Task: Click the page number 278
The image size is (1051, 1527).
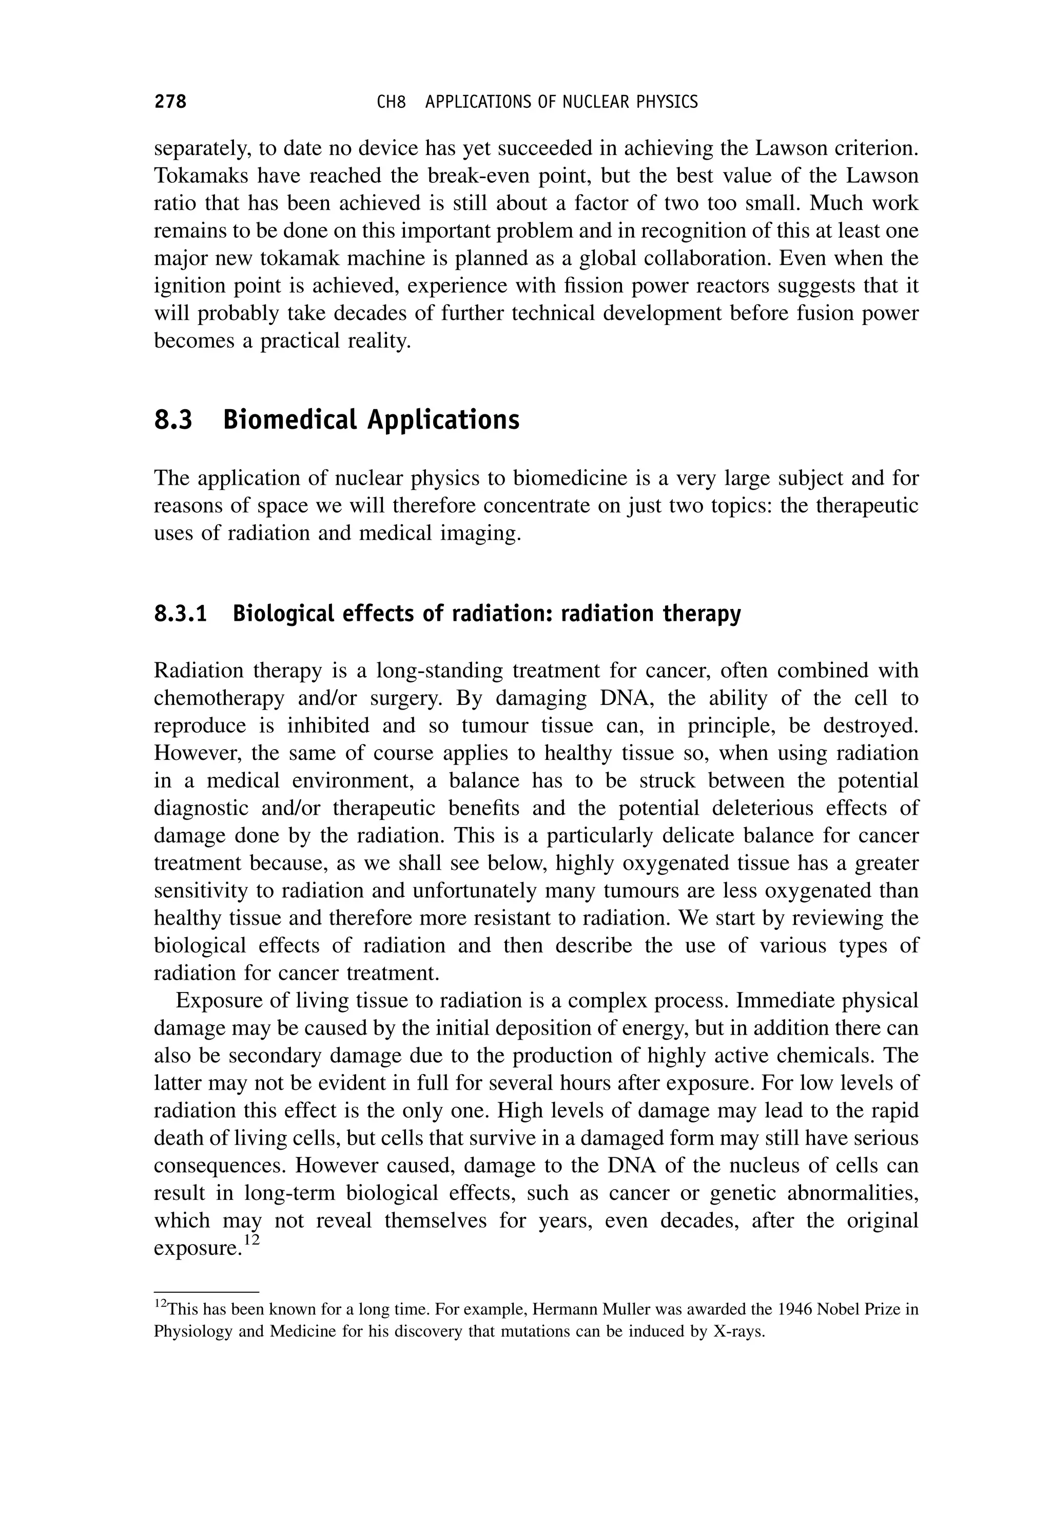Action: pyautogui.click(x=170, y=102)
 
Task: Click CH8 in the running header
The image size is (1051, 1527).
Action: pyautogui.click(x=391, y=102)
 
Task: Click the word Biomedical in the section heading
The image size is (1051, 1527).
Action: pyautogui.click(x=290, y=419)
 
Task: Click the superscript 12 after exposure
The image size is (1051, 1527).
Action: pyautogui.click(x=251, y=1240)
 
